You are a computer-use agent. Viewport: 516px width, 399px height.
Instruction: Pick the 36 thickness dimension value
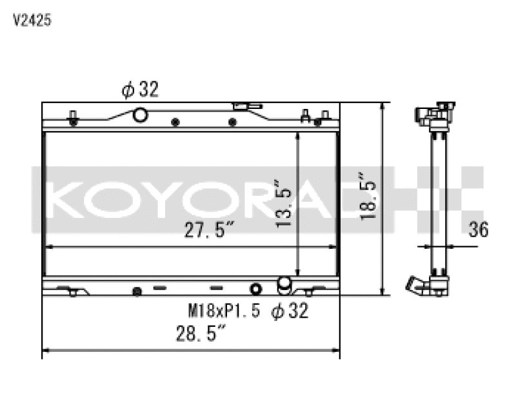[x=479, y=229]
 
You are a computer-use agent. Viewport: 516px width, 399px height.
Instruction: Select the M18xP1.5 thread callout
[x=223, y=312]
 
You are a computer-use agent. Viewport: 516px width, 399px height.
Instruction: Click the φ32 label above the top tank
[x=141, y=90]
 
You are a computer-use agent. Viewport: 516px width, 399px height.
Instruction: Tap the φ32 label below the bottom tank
[x=290, y=312]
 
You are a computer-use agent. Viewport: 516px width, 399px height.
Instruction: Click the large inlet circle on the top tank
[x=139, y=115]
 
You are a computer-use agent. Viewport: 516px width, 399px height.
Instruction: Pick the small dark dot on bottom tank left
[x=136, y=291]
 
